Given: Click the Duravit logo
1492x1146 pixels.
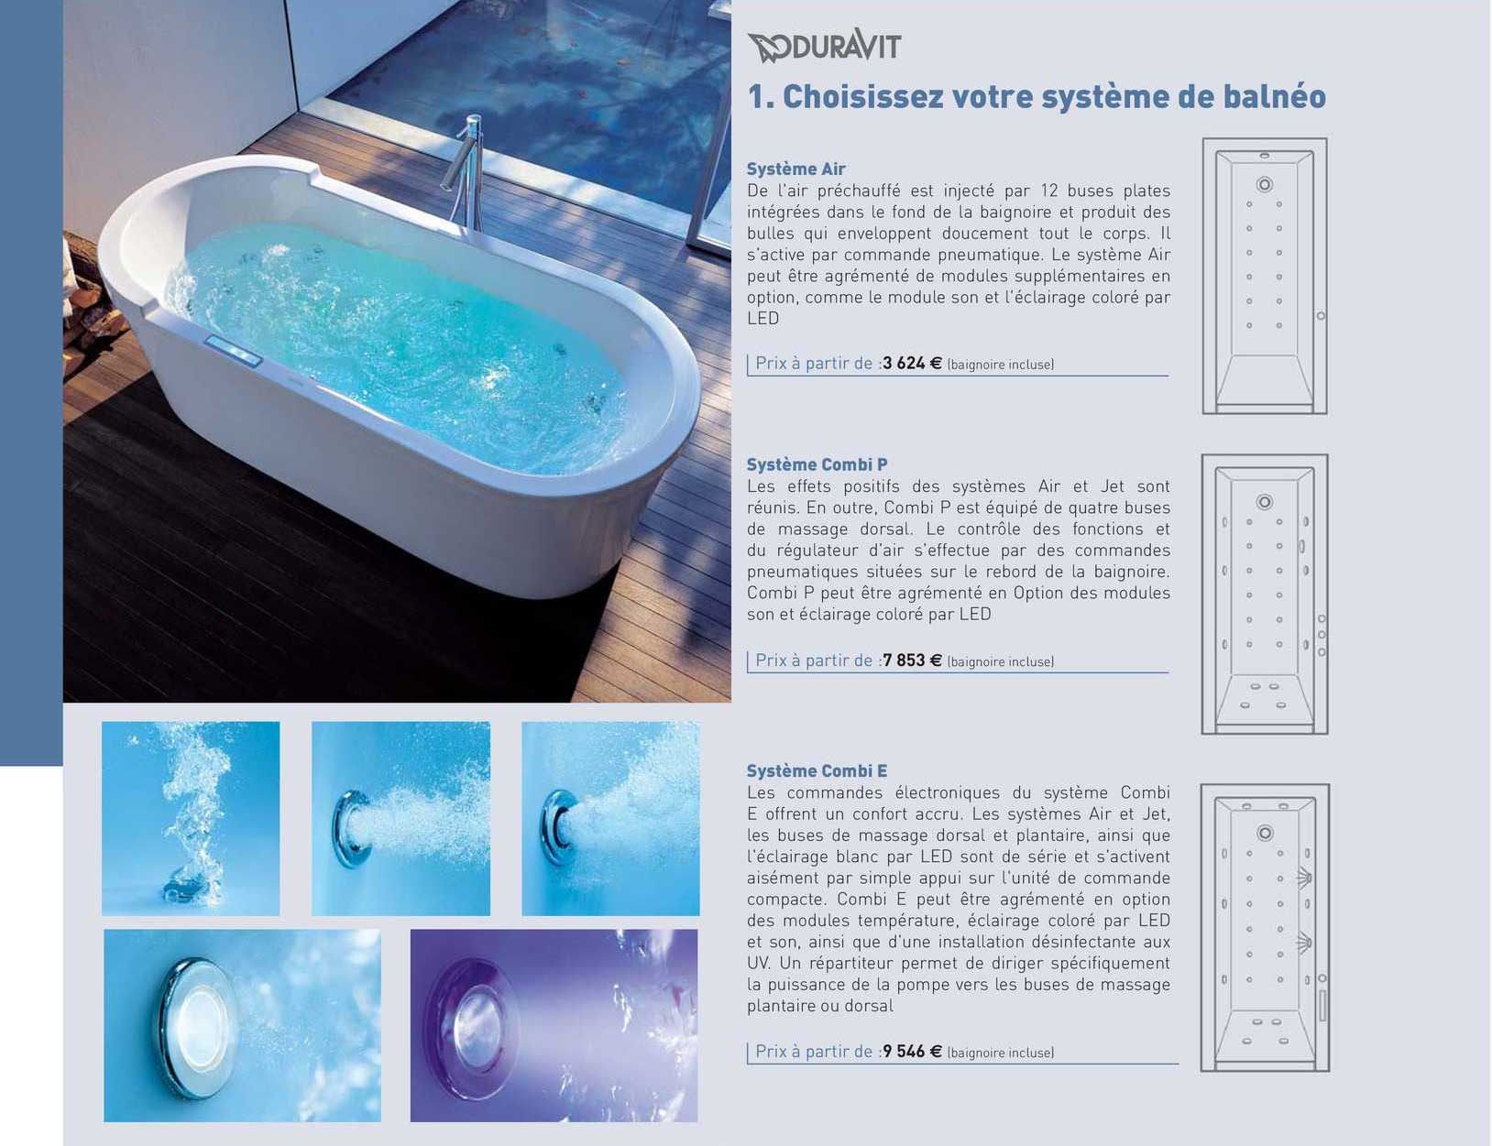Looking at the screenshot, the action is (x=824, y=46).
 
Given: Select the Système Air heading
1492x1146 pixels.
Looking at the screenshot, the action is (x=795, y=169).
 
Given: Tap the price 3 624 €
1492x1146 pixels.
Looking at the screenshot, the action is (x=913, y=363).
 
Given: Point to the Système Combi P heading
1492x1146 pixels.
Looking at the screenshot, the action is (x=817, y=464).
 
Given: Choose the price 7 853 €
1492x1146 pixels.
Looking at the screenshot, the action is (x=913, y=660).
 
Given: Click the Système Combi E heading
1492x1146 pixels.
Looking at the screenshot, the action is (x=817, y=770).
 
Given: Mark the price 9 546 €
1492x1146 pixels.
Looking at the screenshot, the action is (x=913, y=1052).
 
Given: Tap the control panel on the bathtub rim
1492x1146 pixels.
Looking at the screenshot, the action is (x=234, y=351).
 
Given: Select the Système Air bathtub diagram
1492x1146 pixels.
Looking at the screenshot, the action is (x=1265, y=276).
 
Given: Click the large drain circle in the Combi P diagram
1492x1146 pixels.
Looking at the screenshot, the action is (x=1265, y=502).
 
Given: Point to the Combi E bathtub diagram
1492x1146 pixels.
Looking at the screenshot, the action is (x=1265, y=928).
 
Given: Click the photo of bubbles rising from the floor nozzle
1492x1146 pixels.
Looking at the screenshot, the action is (x=191, y=818).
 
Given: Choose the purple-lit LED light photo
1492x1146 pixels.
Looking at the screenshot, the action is (x=554, y=1025).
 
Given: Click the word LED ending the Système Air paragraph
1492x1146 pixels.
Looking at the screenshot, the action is (x=762, y=319).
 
